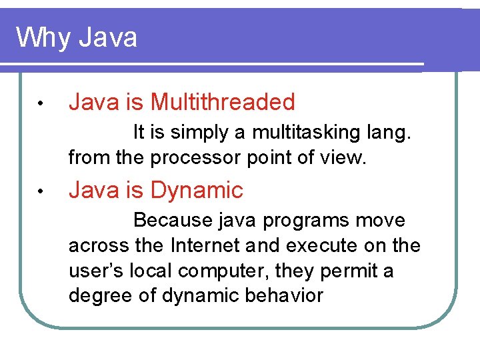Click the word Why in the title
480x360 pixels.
(x=43, y=37)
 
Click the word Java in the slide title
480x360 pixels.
(x=107, y=37)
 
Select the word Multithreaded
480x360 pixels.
(x=223, y=102)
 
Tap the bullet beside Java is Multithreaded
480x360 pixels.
(x=41, y=104)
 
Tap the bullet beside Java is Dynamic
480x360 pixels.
(x=41, y=192)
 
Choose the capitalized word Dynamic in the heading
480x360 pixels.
(x=197, y=191)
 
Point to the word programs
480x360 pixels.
(x=311, y=220)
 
